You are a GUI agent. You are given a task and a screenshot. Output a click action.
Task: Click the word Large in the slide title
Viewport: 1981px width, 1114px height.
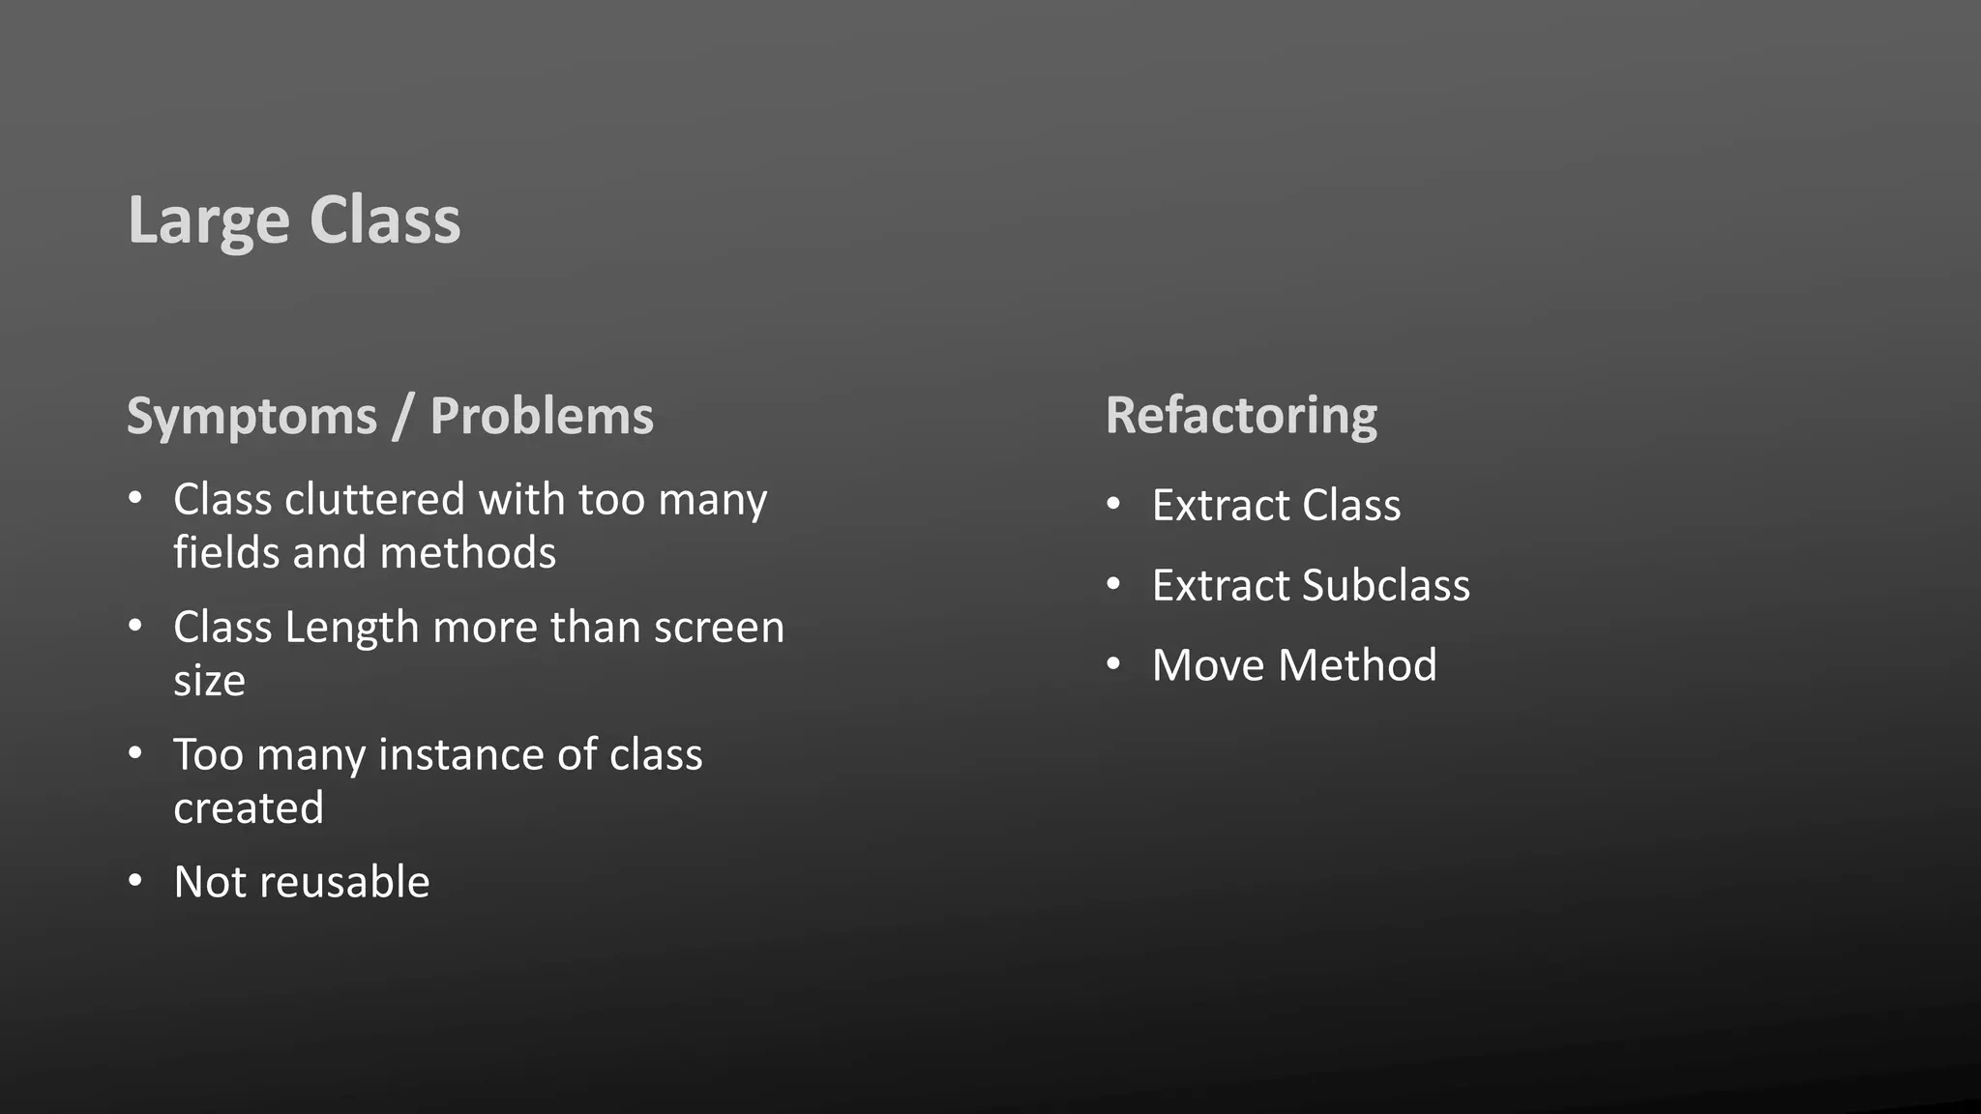(x=208, y=220)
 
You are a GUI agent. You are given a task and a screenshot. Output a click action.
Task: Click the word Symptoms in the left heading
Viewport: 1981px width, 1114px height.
(x=251, y=417)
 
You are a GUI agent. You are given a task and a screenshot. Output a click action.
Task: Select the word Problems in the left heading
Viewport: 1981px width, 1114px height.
(x=542, y=417)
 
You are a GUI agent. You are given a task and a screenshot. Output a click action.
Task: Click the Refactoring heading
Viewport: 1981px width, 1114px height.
(x=1241, y=417)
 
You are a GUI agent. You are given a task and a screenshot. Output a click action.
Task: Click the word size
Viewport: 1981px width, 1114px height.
(x=209, y=681)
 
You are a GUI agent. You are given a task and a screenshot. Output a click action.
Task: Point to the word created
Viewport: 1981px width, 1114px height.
(x=249, y=808)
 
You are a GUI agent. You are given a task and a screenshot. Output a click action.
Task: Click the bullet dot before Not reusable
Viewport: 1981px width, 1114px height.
(x=135, y=881)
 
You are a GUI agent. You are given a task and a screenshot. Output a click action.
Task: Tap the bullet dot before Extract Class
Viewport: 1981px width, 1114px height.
(x=1113, y=504)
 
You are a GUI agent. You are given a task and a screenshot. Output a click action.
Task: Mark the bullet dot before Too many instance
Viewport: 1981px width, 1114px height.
(x=135, y=753)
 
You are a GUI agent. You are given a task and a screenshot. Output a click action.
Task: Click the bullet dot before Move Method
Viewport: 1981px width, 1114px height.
(x=1113, y=664)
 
